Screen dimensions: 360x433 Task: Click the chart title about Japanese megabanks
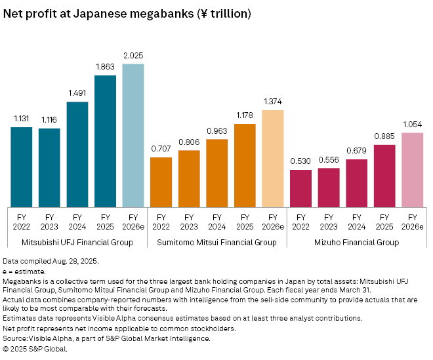(x=127, y=12)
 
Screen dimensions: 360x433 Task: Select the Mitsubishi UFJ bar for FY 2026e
(x=133, y=134)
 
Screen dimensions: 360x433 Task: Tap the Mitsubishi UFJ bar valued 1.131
(x=21, y=167)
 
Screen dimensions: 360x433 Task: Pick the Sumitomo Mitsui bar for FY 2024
(x=216, y=172)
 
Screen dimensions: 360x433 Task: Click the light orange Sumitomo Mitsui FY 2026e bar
(x=272, y=158)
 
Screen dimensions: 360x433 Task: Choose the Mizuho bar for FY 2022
(x=300, y=188)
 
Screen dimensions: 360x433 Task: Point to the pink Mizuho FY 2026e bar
(x=412, y=169)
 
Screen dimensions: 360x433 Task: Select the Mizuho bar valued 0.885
(x=384, y=175)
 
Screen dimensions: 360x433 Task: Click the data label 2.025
(x=133, y=56)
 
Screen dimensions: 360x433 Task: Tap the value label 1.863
(x=105, y=68)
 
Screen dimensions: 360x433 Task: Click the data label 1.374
(x=272, y=102)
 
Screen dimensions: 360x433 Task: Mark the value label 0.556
(x=329, y=160)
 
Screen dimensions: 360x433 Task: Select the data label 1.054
(x=412, y=125)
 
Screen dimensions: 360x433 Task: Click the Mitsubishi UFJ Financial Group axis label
(x=77, y=243)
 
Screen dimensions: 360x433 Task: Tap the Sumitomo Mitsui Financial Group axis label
(x=216, y=243)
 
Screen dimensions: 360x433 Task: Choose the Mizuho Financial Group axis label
(x=356, y=243)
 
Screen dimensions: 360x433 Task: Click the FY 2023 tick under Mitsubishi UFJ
(x=49, y=221)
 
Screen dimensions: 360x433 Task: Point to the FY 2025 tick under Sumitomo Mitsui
(x=245, y=221)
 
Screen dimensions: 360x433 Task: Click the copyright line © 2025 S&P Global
(x=35, y=349)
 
